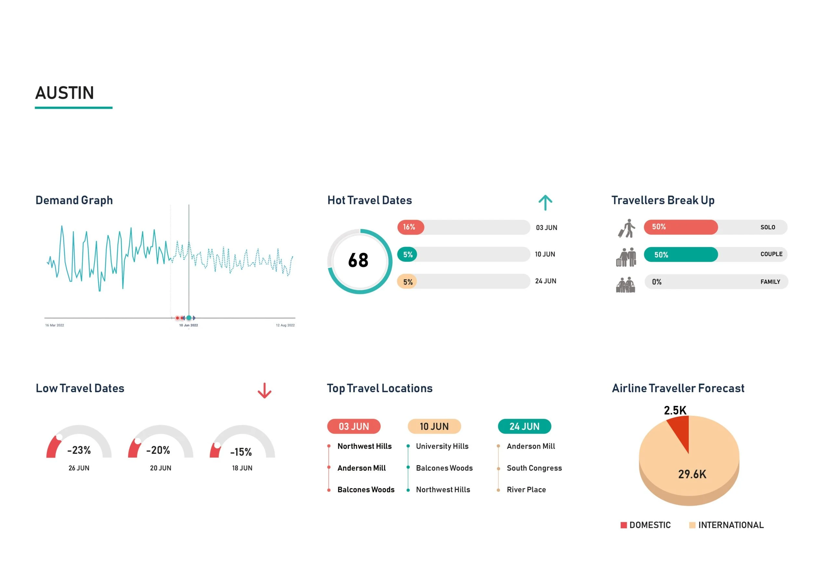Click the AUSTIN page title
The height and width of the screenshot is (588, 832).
click(x=64, y=93)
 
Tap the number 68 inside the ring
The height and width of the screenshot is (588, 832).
click(x=358, y=261)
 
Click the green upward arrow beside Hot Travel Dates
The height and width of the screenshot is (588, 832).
click(x=545, y=202)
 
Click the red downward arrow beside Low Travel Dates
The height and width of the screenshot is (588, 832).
click(x=264, y=390)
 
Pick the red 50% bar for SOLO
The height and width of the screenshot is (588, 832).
click(x=680, y=227)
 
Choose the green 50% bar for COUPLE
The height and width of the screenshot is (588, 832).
click(x=680, y=254)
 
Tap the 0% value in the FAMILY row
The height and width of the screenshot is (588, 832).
click(x=656, y=282)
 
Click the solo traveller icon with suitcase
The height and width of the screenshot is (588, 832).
click(x=627, y=228)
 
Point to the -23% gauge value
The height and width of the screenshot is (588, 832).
click(x=79, y=450)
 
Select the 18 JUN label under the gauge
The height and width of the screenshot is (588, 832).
click(x=242, y=468)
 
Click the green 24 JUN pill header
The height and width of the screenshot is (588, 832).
click(x=524, y=427)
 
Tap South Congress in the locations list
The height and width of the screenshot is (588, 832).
click(x=534, y=468)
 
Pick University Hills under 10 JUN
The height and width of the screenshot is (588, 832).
click(x=442, y=446)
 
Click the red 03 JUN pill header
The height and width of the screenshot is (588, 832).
click(x=354, y=427)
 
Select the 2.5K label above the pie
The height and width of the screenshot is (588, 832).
click(x=675, y=411)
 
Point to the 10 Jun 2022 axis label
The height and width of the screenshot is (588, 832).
click(x=188, y=325)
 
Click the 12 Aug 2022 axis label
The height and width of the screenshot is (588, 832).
click(x=285, y=325)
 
